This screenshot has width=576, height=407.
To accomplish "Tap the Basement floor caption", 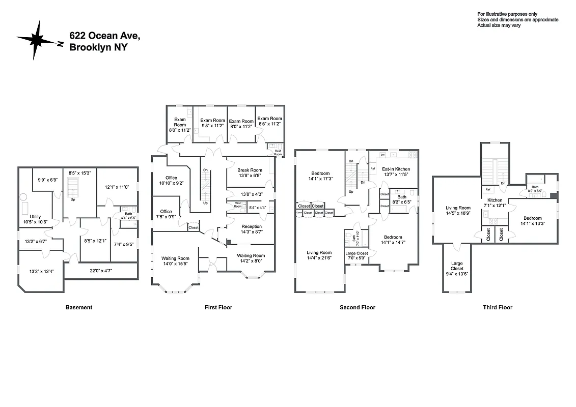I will point(79,307).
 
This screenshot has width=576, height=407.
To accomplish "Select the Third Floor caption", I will point(498,307).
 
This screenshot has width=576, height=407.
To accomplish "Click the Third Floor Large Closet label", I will point(457,266).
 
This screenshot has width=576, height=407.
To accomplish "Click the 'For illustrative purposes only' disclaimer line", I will point(507,14).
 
